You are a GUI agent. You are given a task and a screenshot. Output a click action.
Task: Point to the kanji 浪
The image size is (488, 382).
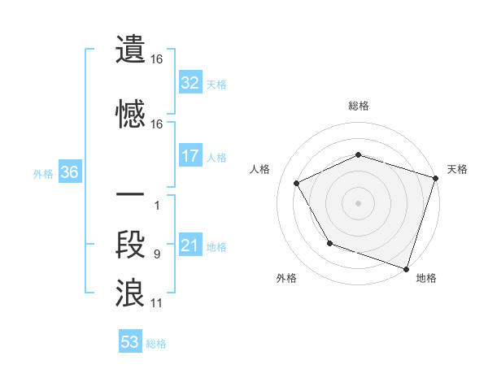(130, 293)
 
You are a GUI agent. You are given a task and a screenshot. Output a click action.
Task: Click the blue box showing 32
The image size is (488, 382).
(190, 83)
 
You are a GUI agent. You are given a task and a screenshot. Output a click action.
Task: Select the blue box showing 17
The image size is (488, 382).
(190, 156)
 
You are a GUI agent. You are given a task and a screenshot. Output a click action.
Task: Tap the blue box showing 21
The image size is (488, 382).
(190, 246)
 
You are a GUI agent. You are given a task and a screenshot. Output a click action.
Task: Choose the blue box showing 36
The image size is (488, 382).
(69, 173)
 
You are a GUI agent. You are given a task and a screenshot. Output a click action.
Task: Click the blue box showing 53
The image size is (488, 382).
(130, 342)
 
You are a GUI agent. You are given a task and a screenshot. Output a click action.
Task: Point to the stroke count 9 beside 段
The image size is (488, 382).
(156, 254)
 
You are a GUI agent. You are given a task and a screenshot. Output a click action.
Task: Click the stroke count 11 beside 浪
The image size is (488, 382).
(156, 303)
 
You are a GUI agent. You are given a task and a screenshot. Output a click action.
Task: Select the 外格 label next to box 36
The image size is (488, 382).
(43, 174)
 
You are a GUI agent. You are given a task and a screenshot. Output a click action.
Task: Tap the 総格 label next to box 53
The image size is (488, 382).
(157, 344)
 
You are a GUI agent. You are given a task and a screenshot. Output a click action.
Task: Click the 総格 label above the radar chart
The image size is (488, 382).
(359, 106)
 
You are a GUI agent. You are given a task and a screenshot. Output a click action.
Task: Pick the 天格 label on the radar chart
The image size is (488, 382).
(457, 170)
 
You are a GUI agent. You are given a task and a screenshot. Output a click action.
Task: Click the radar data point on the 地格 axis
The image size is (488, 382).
(407, 268)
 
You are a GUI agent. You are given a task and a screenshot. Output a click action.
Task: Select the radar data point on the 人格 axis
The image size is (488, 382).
(297, 184)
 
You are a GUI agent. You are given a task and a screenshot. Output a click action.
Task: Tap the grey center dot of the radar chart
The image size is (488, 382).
(359, 203)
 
